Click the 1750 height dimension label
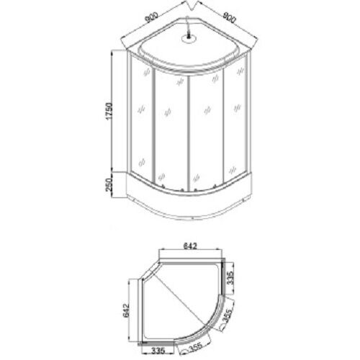[109, 112]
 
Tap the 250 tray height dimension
[109, 185]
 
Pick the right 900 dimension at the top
[230, 17]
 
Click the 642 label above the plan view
[190, 246]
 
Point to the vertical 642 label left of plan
[126, 310]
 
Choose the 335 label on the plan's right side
[230, 278]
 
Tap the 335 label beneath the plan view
[158, 351]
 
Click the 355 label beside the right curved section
[227, 316]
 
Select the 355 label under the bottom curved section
[196, 347]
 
